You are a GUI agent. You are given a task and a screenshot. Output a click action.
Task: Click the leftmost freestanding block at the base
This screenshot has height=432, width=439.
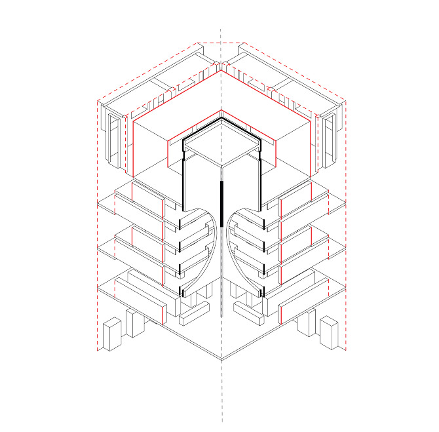point(112,334)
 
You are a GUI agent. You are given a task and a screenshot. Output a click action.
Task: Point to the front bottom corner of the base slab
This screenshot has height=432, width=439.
point(222,360)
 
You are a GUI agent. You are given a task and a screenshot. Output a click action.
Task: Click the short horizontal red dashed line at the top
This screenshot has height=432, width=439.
point(221,43)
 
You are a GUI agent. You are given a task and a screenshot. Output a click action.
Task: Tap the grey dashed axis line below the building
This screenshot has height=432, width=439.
point(222,393)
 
